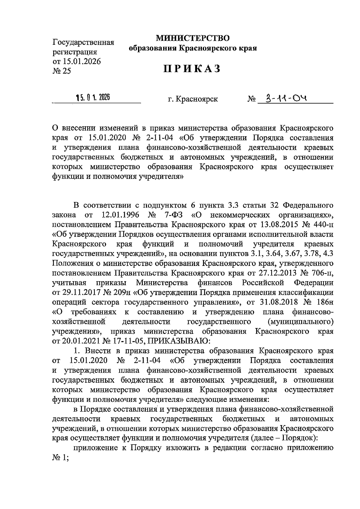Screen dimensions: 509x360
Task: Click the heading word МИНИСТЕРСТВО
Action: pyautogui.click(x=192, y=38)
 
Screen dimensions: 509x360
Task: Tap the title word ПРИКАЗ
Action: pyautogui.click(x=192, y=69)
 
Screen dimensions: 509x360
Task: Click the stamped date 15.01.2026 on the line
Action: pyautogui.click(x=93, y=98)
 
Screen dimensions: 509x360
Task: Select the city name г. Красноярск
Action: pyautogui.click(x=193, y=99)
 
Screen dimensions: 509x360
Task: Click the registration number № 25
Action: pyautogui.click(x=62, y=71)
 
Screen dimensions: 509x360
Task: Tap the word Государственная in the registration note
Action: pyautogui.click(x=83, y=42)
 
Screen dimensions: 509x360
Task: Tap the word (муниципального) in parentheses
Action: pyautogui.click(x=300, y=322)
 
